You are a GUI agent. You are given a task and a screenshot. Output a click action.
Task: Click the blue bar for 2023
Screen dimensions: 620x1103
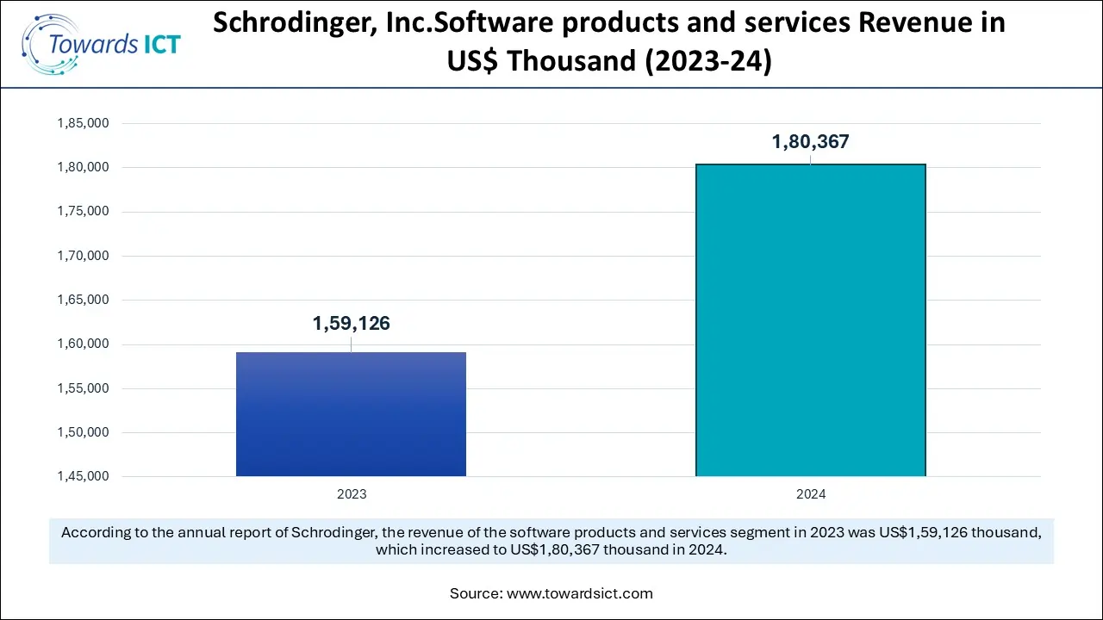click(x=351, y=414)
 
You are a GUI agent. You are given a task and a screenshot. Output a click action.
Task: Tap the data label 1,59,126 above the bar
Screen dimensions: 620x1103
click(x=351, y=324)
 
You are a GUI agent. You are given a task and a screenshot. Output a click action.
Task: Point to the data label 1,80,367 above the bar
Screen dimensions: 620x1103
click(x=810, y=142)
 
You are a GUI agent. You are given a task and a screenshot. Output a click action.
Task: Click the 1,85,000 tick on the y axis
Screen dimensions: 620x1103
click(x=83, y=123)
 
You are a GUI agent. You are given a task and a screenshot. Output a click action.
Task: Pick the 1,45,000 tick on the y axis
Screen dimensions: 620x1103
click(x=83, y=476)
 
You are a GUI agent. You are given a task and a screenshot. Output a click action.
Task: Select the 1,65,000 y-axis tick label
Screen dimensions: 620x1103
click(x=83, y=300)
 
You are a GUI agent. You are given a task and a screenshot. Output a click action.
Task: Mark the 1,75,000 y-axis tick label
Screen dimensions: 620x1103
click(x=83, y=212)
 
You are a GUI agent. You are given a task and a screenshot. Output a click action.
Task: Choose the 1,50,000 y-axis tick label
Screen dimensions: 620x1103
click(x=83, y=432)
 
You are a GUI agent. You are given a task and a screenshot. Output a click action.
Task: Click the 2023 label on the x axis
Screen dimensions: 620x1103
click(x=351, y=494)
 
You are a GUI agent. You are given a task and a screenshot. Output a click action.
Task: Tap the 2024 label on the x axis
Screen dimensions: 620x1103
click(x=810, y=494)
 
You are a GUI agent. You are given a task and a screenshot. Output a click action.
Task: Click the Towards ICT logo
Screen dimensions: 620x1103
click(x=102, y=43)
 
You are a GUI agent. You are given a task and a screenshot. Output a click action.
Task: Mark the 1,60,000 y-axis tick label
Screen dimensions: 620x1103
click(x=83, y=344)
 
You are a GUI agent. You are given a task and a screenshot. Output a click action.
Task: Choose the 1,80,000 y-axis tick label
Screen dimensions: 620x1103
click(x=83, y=167)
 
